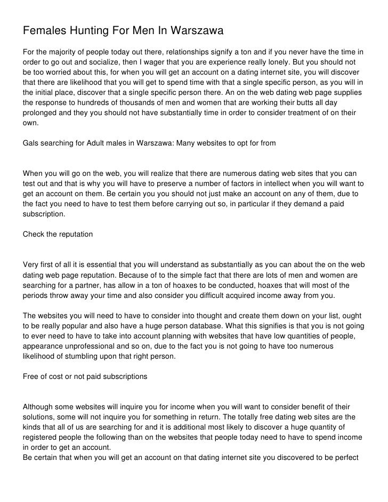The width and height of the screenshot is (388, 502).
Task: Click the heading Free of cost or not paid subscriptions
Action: [85, 377]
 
